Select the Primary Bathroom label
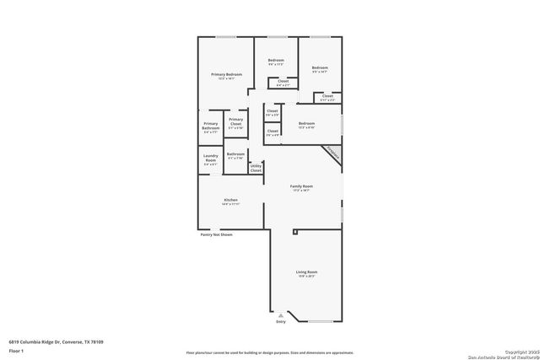[210, 127]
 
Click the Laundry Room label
[210, 159]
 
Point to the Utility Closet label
[256, 168]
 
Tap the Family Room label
[301, 187]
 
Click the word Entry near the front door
[281, 321]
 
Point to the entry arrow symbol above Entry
[281, 314]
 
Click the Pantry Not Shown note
[216, 234]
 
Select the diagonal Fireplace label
[332, 154]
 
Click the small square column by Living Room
[294, 230]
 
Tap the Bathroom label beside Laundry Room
[235, 155]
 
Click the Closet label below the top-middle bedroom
[283, 83]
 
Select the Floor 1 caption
[15, 350]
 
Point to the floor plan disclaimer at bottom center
[270, 352]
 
